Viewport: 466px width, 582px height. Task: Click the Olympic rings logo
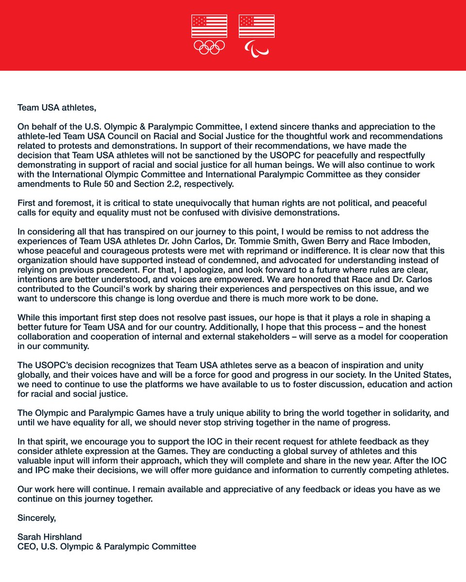209,48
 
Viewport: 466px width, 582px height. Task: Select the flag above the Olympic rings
209,26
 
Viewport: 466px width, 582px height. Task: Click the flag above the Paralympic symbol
256,26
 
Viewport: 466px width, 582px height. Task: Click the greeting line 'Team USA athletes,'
53,107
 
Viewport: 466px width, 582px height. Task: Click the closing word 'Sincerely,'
37,517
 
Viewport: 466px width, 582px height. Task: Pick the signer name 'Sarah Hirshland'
50,537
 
